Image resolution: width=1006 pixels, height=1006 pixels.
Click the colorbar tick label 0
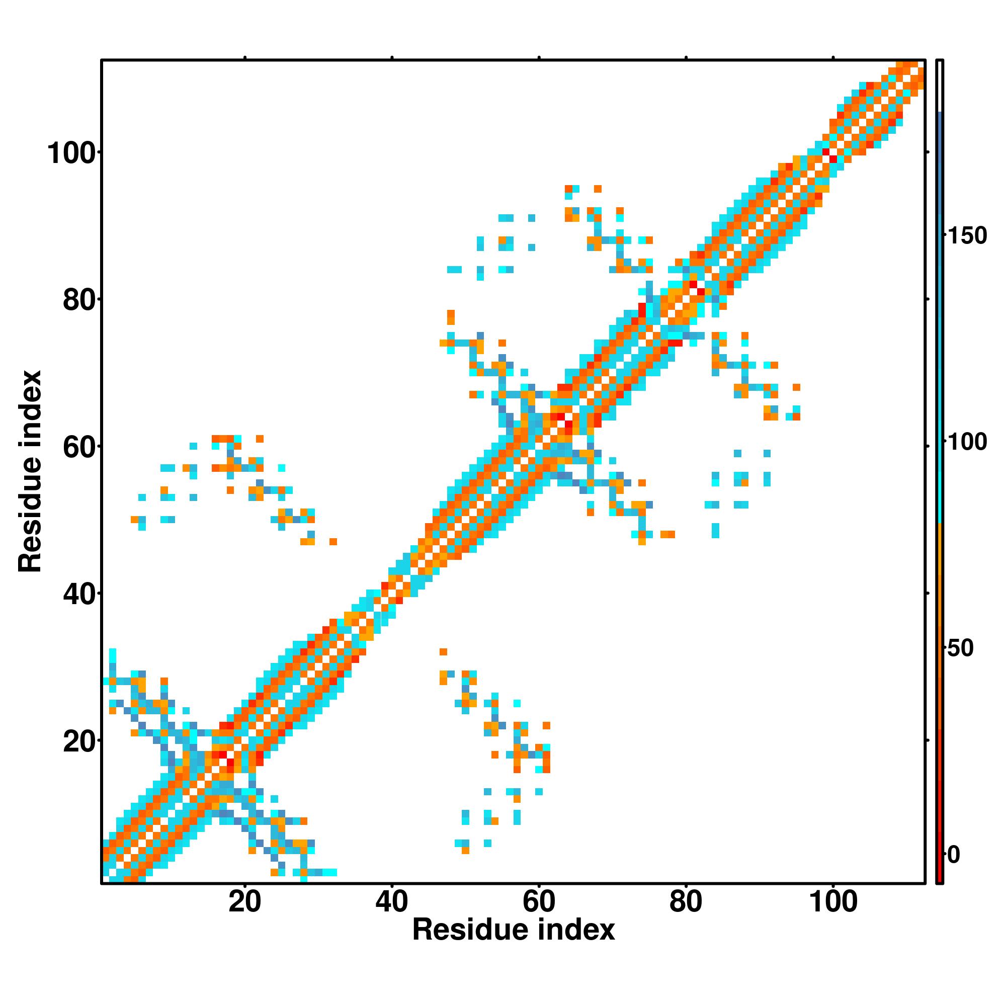(954, 855)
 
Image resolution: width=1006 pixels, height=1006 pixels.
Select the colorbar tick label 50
(960, 649)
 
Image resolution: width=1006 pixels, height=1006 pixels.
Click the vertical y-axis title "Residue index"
(30, 471)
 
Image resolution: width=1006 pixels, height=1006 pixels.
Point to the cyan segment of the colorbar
(940, 469)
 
